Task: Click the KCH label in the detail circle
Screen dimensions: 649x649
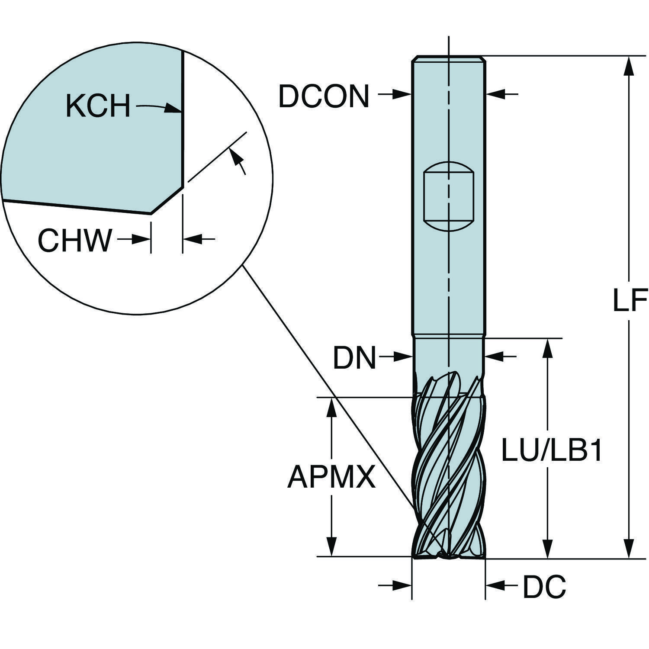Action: (x=98, y=106)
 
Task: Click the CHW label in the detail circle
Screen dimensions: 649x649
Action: (x=75, y=241)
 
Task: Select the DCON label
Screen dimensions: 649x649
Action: (x=324, y=96)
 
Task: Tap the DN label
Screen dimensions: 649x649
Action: (x=354, y=358)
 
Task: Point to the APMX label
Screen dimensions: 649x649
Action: (x=331, y=477)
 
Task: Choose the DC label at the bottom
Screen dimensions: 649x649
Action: (x=544, y=587)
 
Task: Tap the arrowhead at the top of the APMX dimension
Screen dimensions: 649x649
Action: (x=332, y=406)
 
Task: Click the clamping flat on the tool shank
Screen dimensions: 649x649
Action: (x=449, y=197)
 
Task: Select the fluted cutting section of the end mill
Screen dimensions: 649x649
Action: (x=449, y=467)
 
